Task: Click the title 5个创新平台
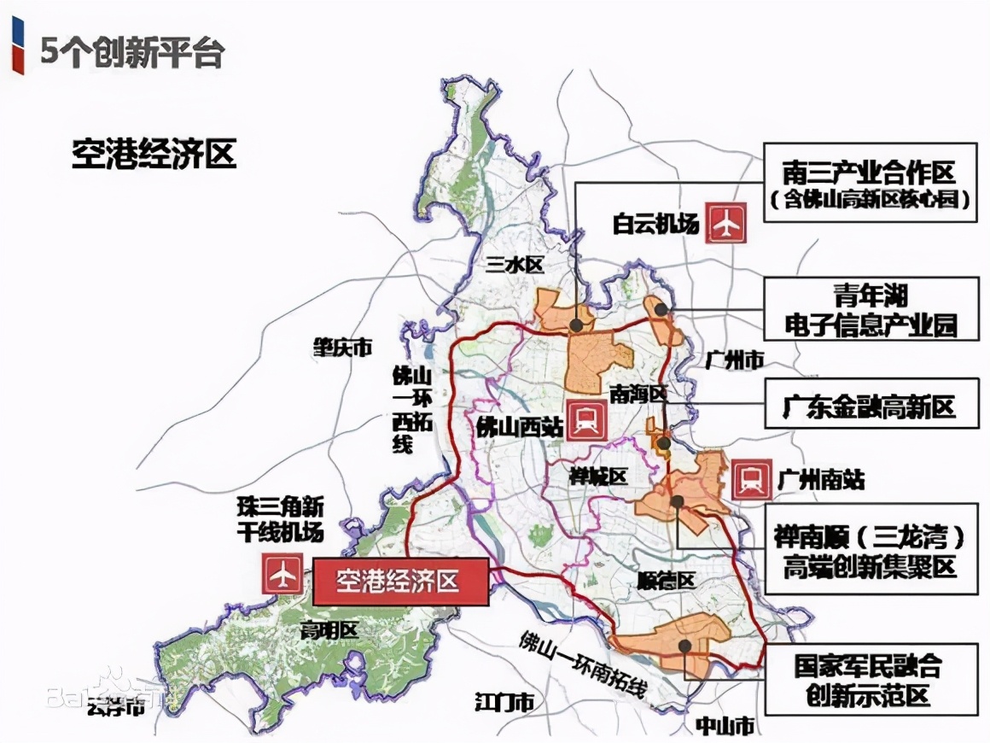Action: [132, 53]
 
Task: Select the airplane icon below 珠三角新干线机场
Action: [282, 575]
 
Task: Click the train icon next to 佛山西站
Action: [587, 420]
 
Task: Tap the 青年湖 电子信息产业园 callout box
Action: [870, 309]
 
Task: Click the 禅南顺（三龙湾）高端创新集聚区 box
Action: [870, 551]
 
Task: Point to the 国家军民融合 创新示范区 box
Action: [870, 679]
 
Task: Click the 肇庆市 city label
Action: [342, 348]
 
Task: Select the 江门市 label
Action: [504, 702]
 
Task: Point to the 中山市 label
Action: [724, 726]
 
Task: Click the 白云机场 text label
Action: [655, 224]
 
